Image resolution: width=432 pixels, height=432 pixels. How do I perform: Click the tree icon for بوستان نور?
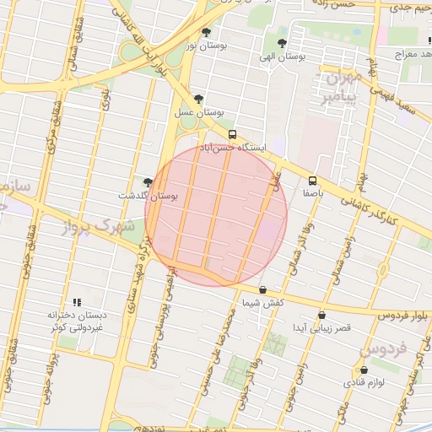pos(207,32)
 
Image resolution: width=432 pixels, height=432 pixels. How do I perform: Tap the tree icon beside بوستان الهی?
pos(282,43)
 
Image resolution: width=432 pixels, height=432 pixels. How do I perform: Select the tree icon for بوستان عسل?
pos(198,99)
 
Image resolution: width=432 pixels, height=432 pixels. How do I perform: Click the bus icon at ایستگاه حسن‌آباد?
pos(232,134)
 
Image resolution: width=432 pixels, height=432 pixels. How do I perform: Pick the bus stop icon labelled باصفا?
pos(313,181)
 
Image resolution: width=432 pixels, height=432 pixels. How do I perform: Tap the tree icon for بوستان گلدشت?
pos(148,181)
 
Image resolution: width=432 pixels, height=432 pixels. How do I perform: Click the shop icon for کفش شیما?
pos(262,289)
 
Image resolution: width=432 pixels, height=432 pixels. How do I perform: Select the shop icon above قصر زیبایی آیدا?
pos(321,316)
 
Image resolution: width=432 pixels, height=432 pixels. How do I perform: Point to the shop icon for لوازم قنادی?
pos(364,370)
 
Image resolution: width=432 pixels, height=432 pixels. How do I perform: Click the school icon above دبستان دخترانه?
pos(77,302)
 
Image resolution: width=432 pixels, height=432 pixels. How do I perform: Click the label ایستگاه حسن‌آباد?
pos(233,147)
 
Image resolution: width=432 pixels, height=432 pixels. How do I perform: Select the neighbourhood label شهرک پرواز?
pos(98,226)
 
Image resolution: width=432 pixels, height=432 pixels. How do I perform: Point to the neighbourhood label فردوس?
pos(384,348)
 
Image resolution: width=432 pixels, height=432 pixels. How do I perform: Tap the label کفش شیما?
pos(262,302)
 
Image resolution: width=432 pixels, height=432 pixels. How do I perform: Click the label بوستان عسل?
pos(198,111)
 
